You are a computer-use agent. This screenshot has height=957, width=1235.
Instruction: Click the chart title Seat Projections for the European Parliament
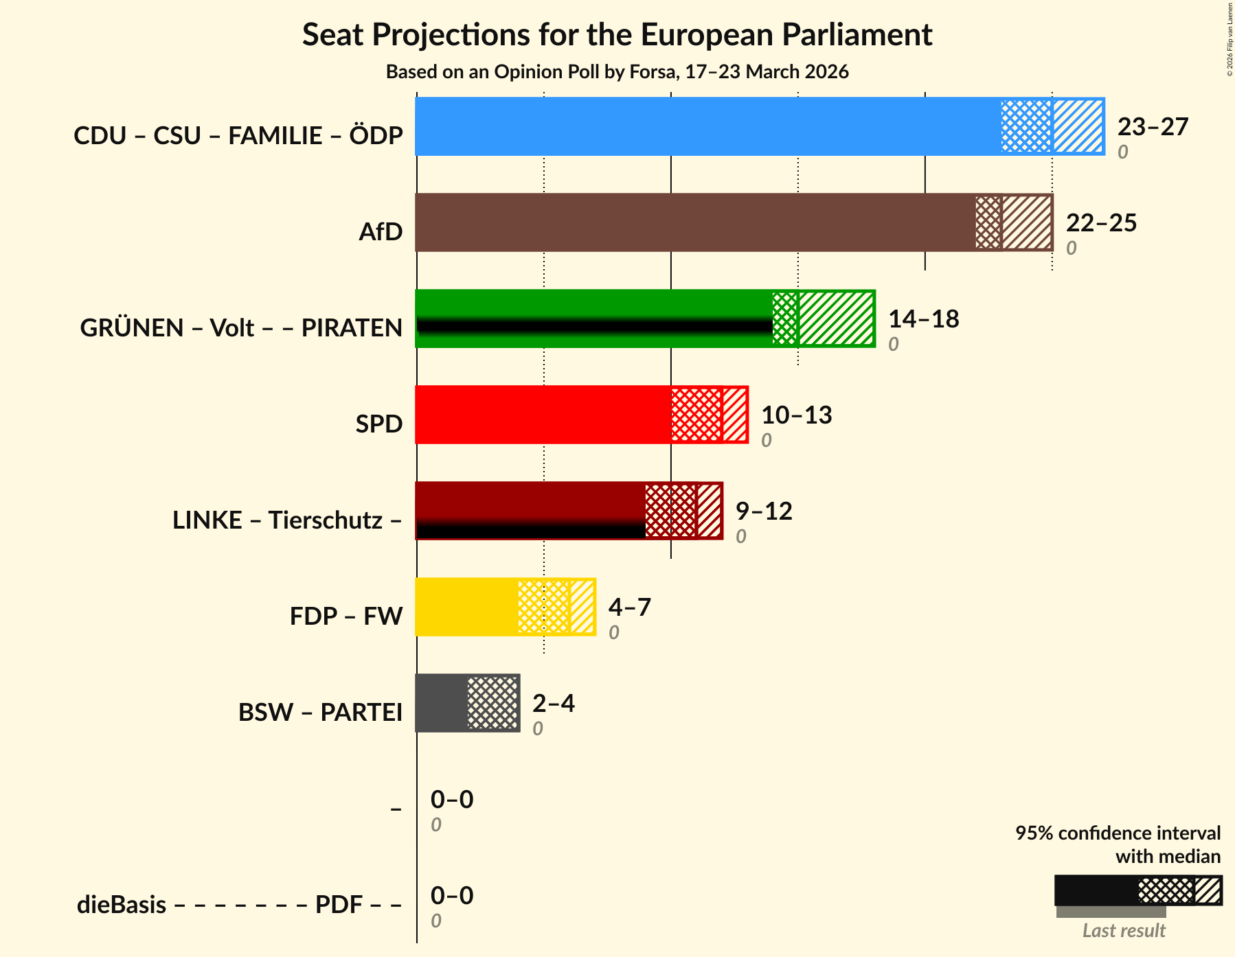coord(617,34)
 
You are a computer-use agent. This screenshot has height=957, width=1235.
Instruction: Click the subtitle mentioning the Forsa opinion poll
coord(617,71)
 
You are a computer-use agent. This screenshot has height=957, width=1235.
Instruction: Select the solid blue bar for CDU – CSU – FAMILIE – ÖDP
coord(707,126)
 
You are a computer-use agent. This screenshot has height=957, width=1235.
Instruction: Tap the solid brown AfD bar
coord(694,222)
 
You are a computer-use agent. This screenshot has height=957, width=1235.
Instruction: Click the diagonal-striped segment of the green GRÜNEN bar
coord(836,319)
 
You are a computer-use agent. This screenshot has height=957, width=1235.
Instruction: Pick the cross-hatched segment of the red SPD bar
coord(696,415)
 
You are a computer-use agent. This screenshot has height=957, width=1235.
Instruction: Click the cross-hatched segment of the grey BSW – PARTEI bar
coord(492,703)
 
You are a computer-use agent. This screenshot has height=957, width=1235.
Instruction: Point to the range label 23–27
coord(1153,127)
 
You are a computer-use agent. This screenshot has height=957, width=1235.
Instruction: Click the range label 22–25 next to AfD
coord(1101,223)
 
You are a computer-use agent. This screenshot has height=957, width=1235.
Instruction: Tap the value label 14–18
coord(923,319)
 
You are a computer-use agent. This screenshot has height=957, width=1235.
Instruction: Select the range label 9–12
coord(764,511)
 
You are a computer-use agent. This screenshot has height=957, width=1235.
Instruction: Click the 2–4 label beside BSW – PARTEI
coord(553,704)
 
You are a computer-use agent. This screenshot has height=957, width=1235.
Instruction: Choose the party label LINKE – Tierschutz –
coord(286,520)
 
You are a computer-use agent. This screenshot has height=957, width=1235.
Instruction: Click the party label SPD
coord(378,424)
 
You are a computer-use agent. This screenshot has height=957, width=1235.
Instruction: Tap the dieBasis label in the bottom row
coord(122,905)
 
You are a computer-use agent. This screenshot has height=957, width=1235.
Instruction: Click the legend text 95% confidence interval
coord(1118,833)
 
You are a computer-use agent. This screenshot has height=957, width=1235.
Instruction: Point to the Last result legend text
coord(1124,931)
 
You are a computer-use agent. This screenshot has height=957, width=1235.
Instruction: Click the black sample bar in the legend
coord(1096,890)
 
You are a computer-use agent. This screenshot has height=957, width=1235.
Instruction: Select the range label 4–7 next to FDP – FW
coord(629,608)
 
